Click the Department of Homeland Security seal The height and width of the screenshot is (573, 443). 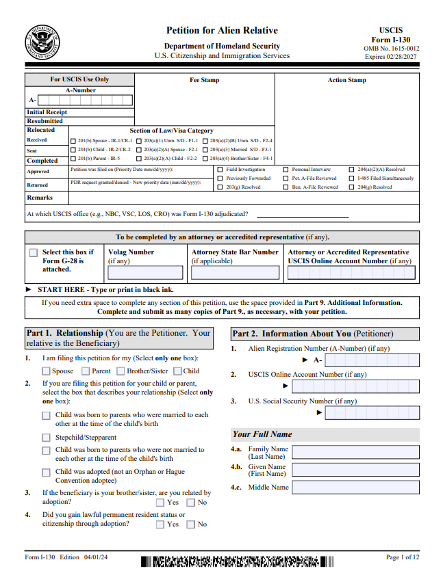tap(42, 42)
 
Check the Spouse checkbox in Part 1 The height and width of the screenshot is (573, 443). tap(47, 371)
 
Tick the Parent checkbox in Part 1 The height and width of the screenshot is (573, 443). tap(86, 371)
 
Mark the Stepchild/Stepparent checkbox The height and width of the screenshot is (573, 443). tap(47, 437)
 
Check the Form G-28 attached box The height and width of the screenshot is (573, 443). tap(34, 253)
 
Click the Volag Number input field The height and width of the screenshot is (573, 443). tap(145, 273)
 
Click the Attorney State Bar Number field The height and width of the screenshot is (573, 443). tap(235, 273)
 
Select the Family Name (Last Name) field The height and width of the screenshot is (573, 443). tap(355, 453)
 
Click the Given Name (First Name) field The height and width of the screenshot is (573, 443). tap(355, 470)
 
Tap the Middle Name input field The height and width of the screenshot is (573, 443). tap(355, 488)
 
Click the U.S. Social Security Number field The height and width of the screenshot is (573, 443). tap(372, 412)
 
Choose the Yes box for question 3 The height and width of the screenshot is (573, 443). tap(160, 503)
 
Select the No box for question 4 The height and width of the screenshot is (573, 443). tap(192, 524)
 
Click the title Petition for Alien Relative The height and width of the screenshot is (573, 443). tap(222, 31)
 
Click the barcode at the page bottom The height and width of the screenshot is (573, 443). tap(238, 562)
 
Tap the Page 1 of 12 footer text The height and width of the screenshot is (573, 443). tap(402, 557)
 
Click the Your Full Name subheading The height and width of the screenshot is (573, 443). tap(262, 434)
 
